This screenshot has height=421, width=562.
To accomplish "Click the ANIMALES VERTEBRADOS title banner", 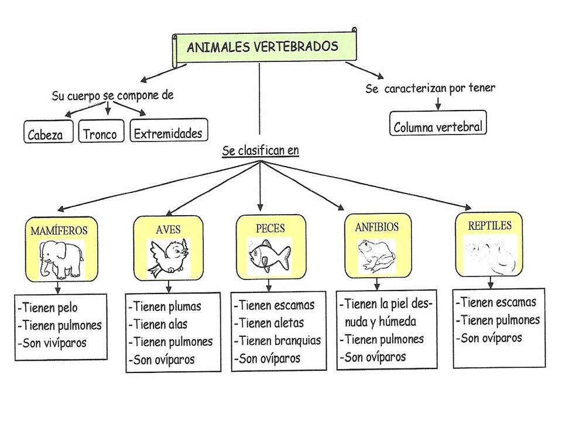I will (263, 47).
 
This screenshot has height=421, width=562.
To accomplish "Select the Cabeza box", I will (49, 133).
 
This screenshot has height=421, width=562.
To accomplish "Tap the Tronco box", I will (100, 133).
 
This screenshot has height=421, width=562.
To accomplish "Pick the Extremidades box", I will (169, 133).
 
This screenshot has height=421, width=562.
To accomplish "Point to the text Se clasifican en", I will (261, 151).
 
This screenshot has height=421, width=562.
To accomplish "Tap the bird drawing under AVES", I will (169, 257).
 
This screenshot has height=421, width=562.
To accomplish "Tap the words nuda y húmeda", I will (381, 321).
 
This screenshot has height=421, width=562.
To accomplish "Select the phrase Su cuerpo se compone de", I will (112, 95).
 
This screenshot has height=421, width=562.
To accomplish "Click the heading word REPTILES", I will (489, 225).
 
